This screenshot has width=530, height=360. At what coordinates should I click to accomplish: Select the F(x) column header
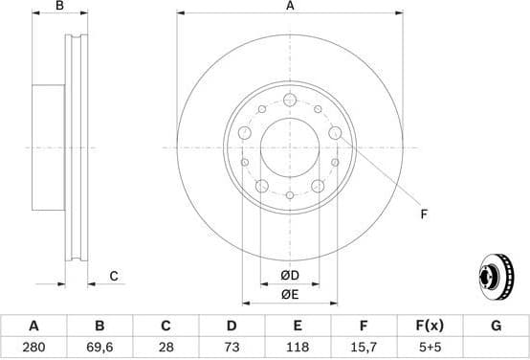click(430, 326)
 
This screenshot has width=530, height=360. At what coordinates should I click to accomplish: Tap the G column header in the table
click(496, 326)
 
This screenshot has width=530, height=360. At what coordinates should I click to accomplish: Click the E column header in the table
click(298, 326)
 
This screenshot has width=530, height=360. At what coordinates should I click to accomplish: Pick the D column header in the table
click(231, 326)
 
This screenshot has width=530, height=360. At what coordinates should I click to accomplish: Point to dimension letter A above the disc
click(290, 7)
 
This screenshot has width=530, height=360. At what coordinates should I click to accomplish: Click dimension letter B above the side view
click(59, 7)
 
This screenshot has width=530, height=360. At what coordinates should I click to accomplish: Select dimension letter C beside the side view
click(113, 277)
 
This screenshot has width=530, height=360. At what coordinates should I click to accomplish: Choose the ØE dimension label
click(290, 294)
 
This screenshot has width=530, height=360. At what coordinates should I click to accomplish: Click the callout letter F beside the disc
click(423, 214)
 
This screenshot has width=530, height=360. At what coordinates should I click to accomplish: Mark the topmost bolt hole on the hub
click(289, 100)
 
